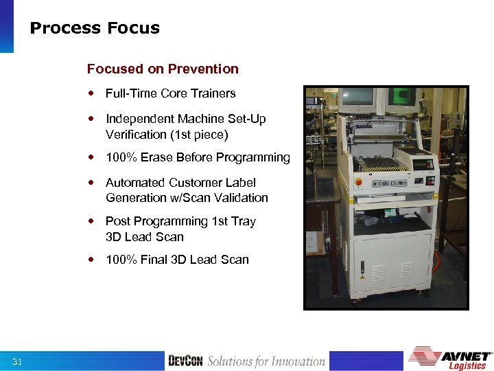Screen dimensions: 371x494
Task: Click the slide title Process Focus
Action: (x=95, y=28)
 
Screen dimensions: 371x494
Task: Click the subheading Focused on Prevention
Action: (x=163, y=69)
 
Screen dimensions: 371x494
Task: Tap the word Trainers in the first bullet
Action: (x=213, y=93)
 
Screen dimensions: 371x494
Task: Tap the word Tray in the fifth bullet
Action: (x=244, y=221)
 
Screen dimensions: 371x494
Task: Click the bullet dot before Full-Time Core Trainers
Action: (x=91, y=93)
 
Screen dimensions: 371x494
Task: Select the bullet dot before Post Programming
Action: (x=91, y=221)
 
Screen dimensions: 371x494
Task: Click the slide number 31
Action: (x=17, y=361)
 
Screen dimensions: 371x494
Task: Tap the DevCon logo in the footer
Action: (x=185, y=361)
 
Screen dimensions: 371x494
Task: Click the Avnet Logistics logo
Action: (x=450, y=359)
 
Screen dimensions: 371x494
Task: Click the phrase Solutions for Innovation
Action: (x=266, y=361)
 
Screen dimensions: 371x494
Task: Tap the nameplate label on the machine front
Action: (x=388, y=183)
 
